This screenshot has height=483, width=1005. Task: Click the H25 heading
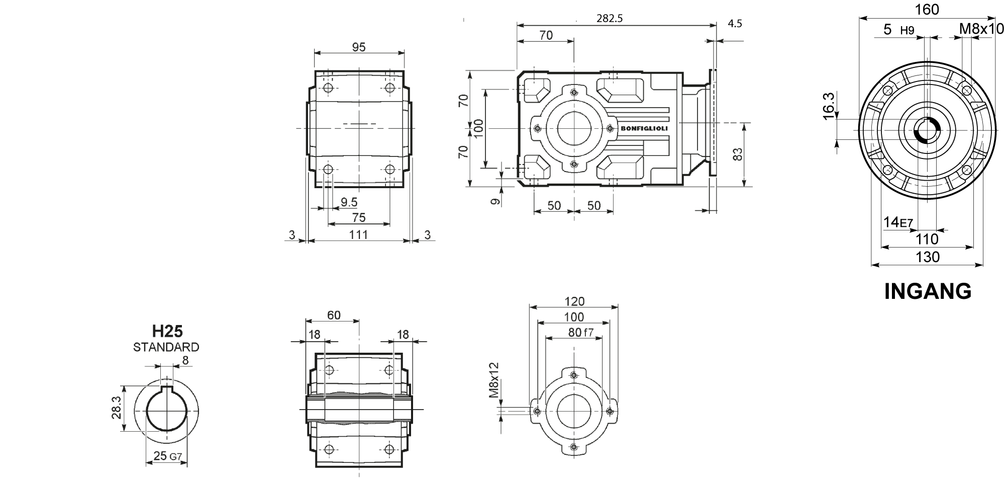(x=167, y=331)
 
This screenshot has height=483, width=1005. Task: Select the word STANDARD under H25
(x=166, y=347)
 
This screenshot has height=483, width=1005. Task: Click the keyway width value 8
(x=185, y=360)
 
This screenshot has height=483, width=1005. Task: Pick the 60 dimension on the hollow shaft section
(x=334, y=315)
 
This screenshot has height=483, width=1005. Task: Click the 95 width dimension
(x=358, y=47)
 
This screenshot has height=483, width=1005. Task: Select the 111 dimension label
(x=358, y=234)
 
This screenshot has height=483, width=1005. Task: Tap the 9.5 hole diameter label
(x=349, y=202)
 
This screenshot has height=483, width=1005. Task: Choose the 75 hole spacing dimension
(x=358, y=218)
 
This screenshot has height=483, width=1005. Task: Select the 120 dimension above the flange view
(x=575, y=301)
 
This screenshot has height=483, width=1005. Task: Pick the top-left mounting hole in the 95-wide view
(x=329, y=89)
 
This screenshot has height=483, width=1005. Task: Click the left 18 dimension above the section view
(x=315, y=335)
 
